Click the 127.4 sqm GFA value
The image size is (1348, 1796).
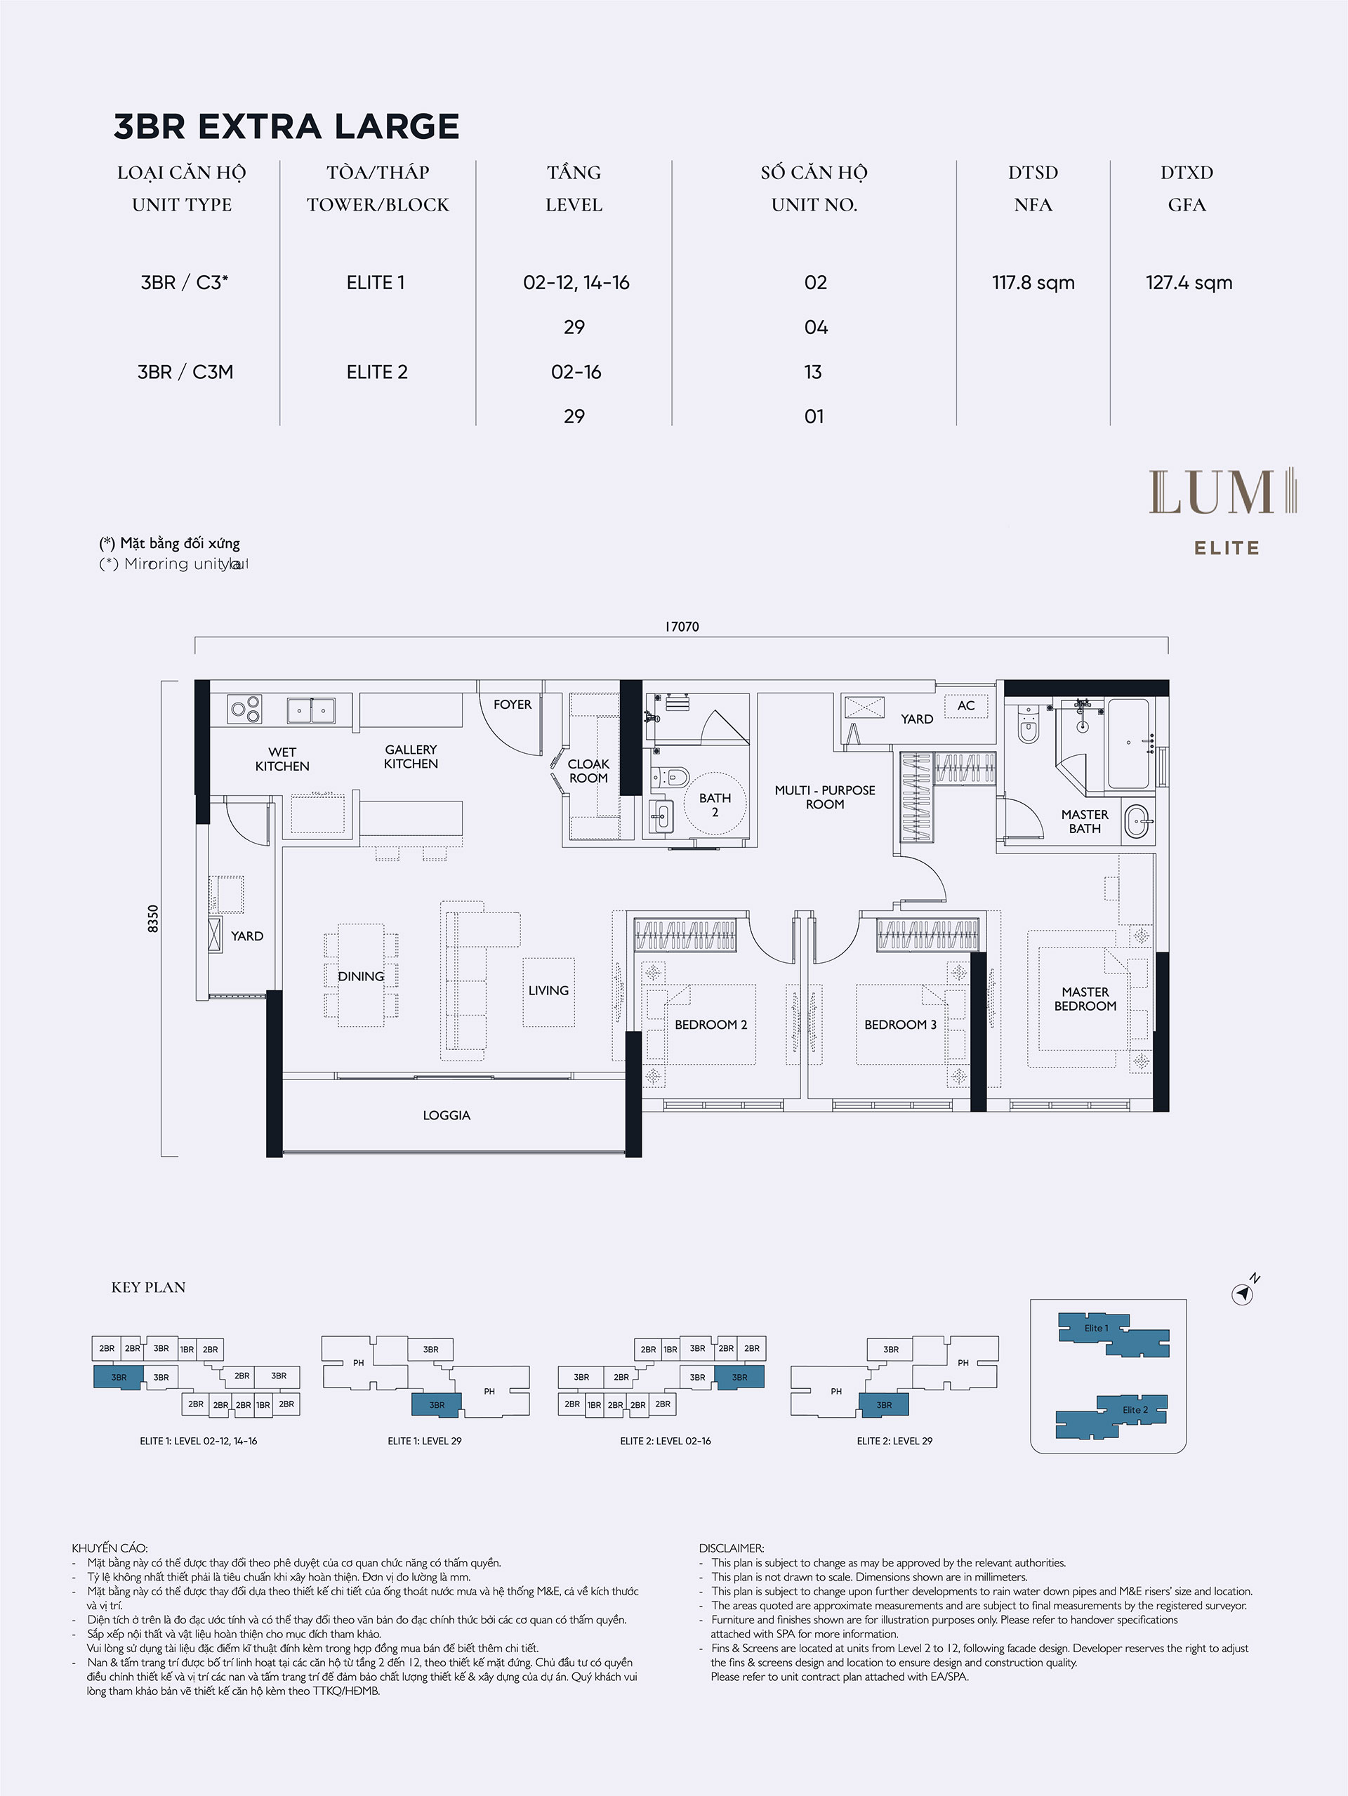coord(1189,283)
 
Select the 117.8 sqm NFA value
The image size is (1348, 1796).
coord(1033,283)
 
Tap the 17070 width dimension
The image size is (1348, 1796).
coord(681,627)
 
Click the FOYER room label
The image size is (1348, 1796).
coord(513,704)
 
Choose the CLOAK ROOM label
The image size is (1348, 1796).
coord(588,771)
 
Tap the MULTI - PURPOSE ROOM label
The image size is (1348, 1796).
coord(825,797)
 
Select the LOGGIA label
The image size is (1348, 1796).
coord(447,1115)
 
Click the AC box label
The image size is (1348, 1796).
coord(965,705)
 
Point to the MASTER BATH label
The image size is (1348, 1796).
coord(1085,821)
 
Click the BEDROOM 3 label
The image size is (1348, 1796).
coord(900,1025)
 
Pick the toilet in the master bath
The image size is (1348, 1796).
coord(1028,724)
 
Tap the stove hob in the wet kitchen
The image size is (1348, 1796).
coord(245,709)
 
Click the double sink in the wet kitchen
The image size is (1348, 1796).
coord(311,710)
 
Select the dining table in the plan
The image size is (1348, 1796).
coord(362,975)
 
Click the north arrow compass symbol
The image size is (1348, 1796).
coord(1243,1294)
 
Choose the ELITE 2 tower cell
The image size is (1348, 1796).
coord(377,372)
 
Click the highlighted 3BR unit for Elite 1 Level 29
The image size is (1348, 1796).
coord(437,1404)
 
